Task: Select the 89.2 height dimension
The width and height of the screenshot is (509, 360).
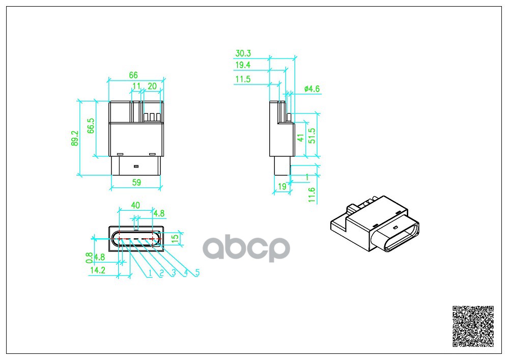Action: coord(75,138)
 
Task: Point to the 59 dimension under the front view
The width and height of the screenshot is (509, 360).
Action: coord(136,182)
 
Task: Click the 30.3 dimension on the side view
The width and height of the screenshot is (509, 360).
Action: coord(243,53)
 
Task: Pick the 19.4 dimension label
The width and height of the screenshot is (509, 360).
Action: coord(243,65)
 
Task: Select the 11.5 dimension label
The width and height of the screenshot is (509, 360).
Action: coord(243,79)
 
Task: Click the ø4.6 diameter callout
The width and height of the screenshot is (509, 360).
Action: coord(311,89)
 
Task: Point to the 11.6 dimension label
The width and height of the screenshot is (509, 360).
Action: coord(312,195)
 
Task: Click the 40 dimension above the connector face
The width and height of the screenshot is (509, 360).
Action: coord(135,205)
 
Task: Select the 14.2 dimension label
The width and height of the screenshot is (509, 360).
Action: coord(97,271)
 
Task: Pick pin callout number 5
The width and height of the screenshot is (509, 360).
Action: coord(197,273)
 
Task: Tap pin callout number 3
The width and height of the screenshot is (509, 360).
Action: coord(173,273)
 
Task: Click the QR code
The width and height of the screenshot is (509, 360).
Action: coord(473,326)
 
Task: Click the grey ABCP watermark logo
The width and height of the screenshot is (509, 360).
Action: coord(247,248)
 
